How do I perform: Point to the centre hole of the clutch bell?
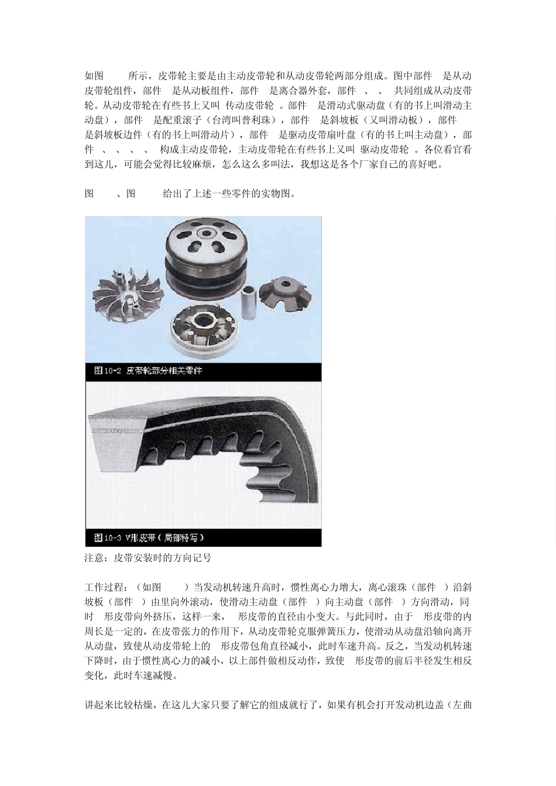coord(205,233)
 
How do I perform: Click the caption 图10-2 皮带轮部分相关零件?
coord(148,371)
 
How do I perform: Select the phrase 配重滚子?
coord(183,120)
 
